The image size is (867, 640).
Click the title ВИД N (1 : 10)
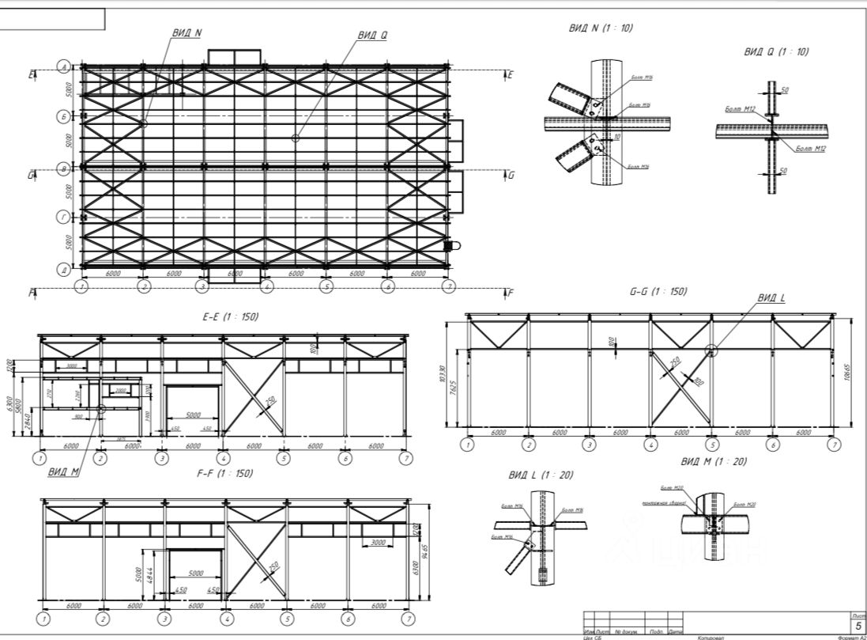[601, 28]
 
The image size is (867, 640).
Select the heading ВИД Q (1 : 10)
[776, 51]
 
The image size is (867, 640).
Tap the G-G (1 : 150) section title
[658, 291]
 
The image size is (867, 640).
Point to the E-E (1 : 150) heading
[231, 316]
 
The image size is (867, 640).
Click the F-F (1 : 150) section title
[224, 473]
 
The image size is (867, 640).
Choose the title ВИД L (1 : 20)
[541, 475]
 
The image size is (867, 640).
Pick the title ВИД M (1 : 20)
[714, 461]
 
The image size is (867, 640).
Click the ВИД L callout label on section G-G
[771, 298]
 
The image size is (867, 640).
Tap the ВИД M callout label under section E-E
[63, 472]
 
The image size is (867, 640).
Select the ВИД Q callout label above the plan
[372, 35]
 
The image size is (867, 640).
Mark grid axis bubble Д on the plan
[64, 269]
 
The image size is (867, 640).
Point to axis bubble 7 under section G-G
[833, 445]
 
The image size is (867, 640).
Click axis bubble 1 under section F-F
[45, 619]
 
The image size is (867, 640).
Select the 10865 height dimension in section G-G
[849, 372]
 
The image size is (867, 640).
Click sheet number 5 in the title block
[858, 625]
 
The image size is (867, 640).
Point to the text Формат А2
[852, 637]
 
